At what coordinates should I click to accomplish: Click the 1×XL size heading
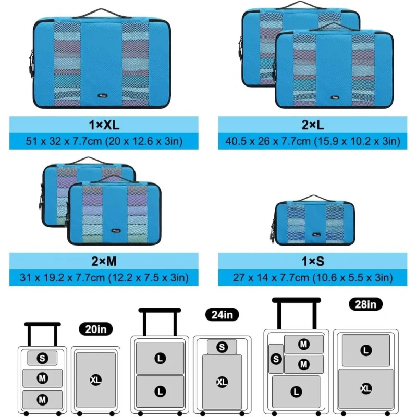104,125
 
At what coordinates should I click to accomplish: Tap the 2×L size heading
313,125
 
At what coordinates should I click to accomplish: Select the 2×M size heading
104,262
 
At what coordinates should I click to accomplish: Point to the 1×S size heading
313,262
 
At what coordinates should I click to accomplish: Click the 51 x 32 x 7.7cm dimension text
104,141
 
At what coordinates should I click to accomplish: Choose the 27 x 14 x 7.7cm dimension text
313,277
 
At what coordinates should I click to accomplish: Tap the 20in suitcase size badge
96,329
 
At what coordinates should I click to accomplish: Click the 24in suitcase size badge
222,314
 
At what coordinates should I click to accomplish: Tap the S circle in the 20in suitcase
42,358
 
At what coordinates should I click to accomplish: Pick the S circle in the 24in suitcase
222,347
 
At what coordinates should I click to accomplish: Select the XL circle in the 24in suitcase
222,382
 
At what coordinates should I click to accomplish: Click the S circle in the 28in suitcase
276,359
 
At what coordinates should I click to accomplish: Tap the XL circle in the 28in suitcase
365,388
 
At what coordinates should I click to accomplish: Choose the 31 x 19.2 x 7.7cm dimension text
104,277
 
